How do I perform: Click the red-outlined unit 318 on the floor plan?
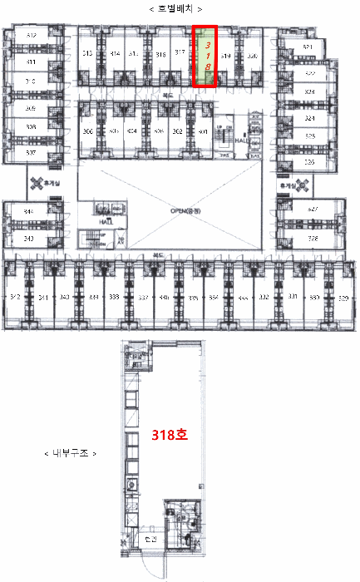(205, 56)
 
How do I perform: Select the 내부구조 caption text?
(69, 454)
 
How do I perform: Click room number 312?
(31, 36)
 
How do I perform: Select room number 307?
(31, 153)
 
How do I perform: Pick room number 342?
(15, 297)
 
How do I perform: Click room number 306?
(87, 131)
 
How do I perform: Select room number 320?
(252, 56)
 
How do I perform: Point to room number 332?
(264, 297)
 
